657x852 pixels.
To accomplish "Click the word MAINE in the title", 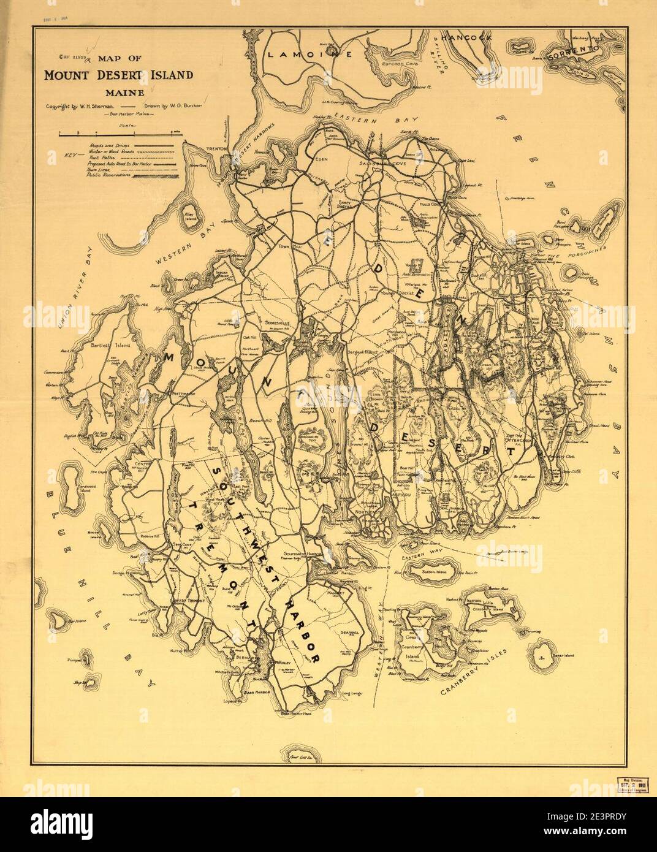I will click(124, 93).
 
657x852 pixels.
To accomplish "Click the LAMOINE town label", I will click(310, 55).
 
